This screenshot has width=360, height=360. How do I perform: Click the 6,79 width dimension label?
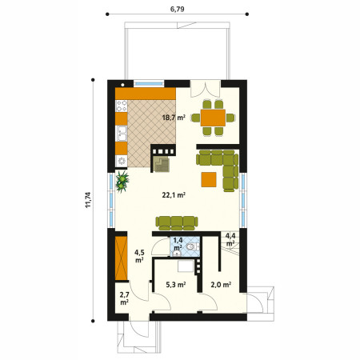click(x=178, y=9)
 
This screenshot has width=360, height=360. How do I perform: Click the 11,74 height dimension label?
click(x=88, y=200)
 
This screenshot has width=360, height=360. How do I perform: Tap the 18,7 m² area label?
click(x=174, y=117)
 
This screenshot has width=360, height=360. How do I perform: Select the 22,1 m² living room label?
click(x=174, y=195)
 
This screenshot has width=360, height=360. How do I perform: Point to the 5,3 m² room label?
click(x=176, y=285)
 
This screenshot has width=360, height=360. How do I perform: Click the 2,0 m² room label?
click(x=221, y=285)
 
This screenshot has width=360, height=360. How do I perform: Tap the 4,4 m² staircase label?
click(x=230, y=239)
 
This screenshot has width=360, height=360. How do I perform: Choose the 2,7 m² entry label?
click(x=124, y=298)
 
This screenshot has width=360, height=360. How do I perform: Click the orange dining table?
click(x=213, y=118)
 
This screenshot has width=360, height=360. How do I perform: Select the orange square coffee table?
click(x=209, y=179)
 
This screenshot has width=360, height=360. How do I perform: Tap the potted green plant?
click(x=122, y=182)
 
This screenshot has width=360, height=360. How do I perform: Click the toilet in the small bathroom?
click(x=192, y=246)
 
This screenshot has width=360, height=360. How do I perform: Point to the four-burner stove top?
click(x=122, y=106)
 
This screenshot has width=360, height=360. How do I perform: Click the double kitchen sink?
click(x=122, y=134)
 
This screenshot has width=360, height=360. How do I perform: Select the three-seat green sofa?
click(x=177, y=223)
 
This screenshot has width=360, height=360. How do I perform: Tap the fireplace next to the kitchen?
click(x=163, y=158)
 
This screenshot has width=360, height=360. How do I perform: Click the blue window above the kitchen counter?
click(x=149, y=83)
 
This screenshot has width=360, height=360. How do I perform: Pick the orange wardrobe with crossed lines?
click(x=122, y=258)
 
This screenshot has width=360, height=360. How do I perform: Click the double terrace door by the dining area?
click(x=206, y=89)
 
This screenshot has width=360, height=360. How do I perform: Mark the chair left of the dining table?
click(x=196, y=118)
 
